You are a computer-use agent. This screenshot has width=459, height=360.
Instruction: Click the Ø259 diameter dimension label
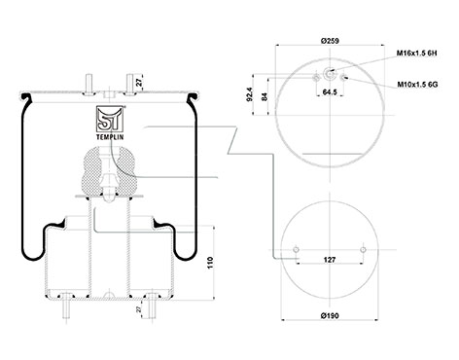click(330, 41)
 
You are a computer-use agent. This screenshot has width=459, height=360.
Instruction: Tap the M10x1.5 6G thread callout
click(418, 85)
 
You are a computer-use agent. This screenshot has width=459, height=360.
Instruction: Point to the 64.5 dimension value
click(330, 92)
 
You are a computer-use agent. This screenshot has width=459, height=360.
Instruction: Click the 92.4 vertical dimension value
click(249, 94)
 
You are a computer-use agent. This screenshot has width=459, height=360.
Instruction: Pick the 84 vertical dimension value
click(265, 96)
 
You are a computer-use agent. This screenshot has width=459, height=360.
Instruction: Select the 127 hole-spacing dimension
click(330, 260)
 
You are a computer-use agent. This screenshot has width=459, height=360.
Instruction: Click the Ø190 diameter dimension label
click(330, 315)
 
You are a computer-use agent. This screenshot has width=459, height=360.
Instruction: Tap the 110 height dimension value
click(210, 263)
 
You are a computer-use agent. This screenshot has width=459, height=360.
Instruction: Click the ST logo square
click(110, 119)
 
